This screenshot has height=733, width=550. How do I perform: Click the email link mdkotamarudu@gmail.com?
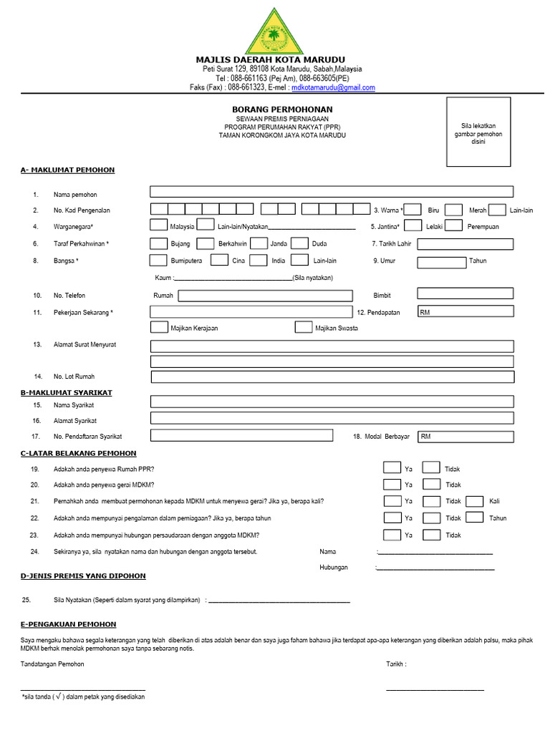coord(332,87)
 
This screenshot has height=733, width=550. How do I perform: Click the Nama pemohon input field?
coord(332,191)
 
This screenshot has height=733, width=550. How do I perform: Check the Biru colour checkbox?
coord(412,210)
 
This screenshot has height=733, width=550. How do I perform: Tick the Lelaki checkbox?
coord(412,225)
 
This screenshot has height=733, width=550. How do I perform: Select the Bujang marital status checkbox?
coord(158,243)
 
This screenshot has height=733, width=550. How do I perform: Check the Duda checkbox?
coord(300,243)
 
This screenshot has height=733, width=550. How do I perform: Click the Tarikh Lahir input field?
coord(465,243)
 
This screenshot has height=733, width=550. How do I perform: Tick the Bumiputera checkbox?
coord(158,261)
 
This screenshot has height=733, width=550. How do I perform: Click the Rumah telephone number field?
coord(265,295)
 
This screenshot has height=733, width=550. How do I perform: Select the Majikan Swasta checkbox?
coord(303,328)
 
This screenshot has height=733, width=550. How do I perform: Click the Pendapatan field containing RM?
coord(465,312)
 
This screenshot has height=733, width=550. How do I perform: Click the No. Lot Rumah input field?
coord(332,377)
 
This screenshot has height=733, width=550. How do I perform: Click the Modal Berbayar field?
coord(465,436)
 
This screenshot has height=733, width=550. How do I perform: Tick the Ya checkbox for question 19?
coord(392,468)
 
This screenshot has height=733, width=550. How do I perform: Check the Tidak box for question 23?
coord(431,535)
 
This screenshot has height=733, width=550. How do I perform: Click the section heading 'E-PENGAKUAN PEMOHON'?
coord(69,624)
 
